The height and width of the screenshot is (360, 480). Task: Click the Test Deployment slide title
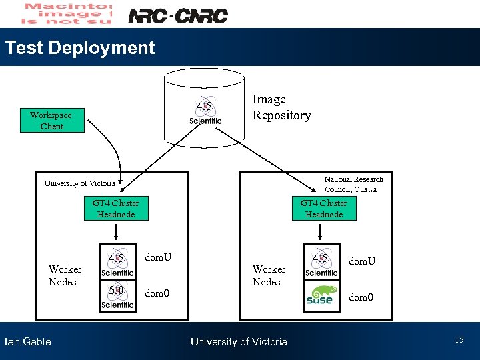(79, 48)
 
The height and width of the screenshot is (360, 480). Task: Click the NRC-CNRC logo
(177, 15)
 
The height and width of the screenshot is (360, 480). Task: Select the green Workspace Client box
(52, 121)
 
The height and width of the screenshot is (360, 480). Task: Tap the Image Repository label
(281, 107)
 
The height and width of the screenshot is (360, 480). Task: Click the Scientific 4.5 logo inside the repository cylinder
(205, 111)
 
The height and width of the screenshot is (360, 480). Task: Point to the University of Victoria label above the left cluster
(79, 183)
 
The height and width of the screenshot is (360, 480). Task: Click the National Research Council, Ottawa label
(353, 184)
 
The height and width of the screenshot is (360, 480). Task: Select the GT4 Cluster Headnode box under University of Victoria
(116, 208)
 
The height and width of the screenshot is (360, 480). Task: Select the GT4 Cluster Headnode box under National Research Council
(323, 208)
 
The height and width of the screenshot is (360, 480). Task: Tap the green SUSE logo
(320, 295)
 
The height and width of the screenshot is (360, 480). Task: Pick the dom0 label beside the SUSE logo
(361, 297)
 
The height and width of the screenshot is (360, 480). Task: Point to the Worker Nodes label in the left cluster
(65, 275)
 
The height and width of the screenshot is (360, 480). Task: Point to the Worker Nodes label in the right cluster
(268, 275)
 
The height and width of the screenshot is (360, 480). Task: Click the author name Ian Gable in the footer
(27, 342)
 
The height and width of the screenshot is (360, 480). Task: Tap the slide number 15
(459, 341)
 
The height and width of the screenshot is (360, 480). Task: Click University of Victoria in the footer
(239, 342)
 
